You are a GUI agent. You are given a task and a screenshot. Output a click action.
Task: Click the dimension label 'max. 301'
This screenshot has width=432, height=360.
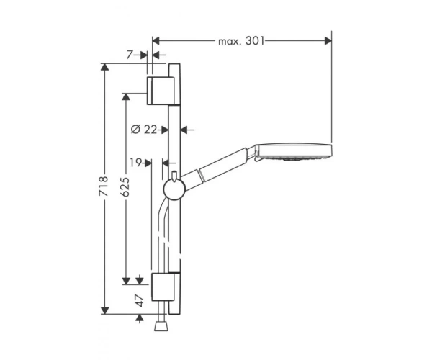241,41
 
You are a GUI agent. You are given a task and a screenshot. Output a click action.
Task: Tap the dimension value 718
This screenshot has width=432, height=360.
103,186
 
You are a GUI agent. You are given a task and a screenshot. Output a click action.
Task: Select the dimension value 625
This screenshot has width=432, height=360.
125,186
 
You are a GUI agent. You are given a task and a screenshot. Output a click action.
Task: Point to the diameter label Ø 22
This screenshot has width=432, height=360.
143,129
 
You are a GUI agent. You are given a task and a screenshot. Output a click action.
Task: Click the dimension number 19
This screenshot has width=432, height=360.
135,163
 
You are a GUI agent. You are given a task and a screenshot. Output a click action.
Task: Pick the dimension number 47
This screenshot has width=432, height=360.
140,300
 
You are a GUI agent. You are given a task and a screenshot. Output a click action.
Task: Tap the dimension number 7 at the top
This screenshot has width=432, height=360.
130,55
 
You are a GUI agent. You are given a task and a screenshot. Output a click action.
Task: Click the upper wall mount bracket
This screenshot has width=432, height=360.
161,91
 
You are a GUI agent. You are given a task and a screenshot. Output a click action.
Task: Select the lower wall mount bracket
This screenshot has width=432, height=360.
163,287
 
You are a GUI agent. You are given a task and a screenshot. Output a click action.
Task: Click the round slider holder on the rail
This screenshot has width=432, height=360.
175,189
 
